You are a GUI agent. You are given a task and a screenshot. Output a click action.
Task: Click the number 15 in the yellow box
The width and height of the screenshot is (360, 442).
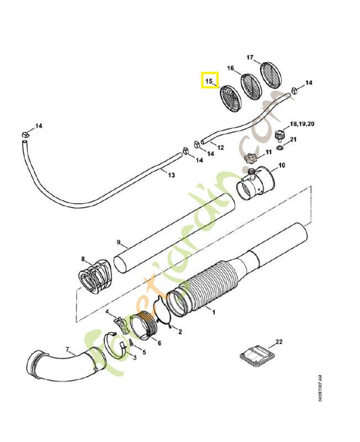tap(209, 82)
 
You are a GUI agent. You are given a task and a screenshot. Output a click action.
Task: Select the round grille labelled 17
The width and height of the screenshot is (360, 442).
tap(270, 75)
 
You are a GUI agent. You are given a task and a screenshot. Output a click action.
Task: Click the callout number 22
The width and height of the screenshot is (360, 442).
tap(279, 342)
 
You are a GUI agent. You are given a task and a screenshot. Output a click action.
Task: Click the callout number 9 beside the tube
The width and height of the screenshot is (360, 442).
tap(118, 242)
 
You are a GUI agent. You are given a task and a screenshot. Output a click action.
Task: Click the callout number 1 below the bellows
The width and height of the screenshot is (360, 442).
tap(214, 312)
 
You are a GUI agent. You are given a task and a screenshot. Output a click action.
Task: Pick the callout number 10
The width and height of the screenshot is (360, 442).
tap(281, 165)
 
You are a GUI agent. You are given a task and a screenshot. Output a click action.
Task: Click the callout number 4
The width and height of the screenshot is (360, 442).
tap(108, 312)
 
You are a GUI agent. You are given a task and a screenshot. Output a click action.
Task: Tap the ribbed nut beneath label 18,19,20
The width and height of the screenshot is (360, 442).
tap(280, 134)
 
